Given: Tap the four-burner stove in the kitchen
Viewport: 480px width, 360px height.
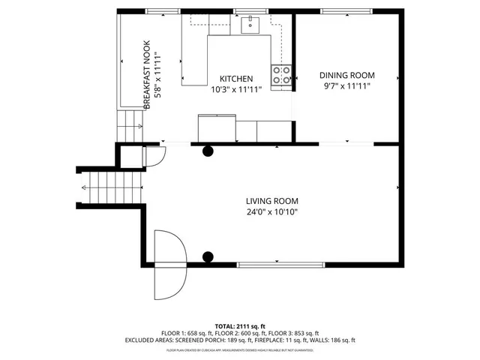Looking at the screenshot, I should tap(282, 75).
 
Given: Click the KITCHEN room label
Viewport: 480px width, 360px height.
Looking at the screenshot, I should tap(235, 79).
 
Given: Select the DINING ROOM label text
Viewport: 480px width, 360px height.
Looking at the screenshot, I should tap(346, 76).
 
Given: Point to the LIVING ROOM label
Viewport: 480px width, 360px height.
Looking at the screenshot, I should tap(272, 201).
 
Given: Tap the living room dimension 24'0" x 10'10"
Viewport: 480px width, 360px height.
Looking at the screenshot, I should tap(272, 212).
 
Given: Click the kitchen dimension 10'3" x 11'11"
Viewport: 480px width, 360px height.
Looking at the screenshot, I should tap(235, 90).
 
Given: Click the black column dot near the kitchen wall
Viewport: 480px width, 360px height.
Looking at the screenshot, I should tap(208, 151).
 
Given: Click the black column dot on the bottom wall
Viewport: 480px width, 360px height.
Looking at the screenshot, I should tap(208, 257).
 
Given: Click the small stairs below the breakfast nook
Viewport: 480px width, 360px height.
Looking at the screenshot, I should tap(128, 125).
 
